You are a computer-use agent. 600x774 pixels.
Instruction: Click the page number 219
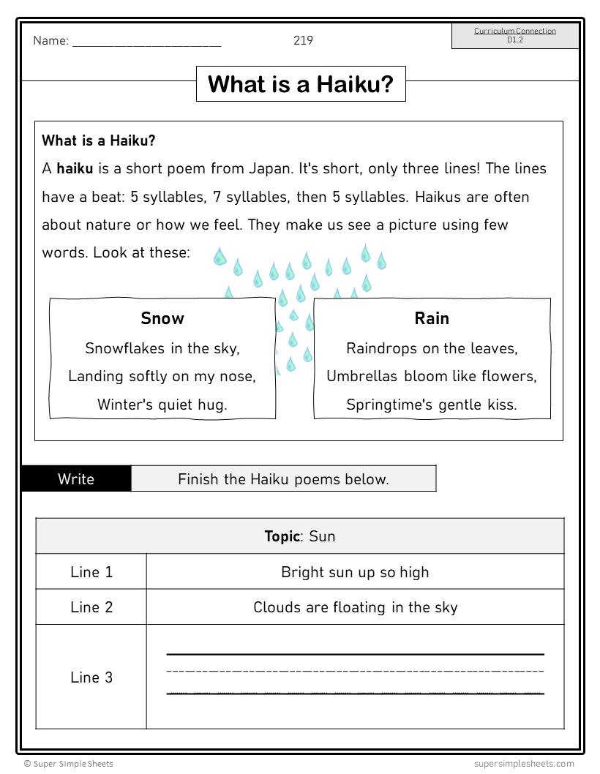[x=303, y=40]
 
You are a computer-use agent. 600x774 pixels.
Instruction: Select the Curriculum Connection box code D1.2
[x=515, y=40]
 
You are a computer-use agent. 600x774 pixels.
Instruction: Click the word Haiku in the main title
[x=355, y=84]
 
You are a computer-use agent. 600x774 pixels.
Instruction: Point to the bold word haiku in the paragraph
[x=75, y=168]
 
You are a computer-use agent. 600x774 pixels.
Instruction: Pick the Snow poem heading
[x=162, y=318]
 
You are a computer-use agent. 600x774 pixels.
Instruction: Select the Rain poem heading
[x=432, y=318]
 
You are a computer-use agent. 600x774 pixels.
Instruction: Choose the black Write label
[x=76, y=479]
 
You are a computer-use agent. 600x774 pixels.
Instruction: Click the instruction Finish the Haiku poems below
[x=283, y=479]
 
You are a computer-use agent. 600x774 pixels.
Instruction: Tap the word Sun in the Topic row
[x=322, y=536]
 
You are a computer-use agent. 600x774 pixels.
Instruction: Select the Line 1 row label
[x=91, y=572]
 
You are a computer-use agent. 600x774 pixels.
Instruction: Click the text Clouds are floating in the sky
[x=355, y=607]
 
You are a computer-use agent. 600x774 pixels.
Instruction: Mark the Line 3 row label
[x=91, y=677]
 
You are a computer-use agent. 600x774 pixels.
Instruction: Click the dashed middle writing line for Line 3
[x=355, y=670]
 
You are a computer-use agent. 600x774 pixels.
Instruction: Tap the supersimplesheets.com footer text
[x=524, y=764]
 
